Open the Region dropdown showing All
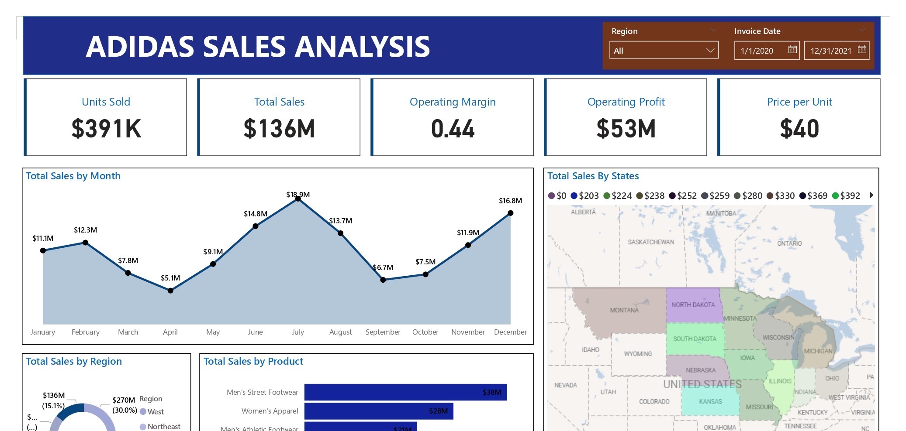pyautogui.click(x=664, y=51)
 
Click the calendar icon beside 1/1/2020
pyautogui.click(x=792, y=50)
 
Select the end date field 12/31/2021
pyautogui.click(x=830, y=51)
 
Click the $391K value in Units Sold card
pyautogui.click(x=106, y=129)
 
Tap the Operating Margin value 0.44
pyautogui.click(x=453, y=129)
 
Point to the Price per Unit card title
pyautogui.click(x=799, y=102)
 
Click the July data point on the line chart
pyautogui.click(x=298, y=198)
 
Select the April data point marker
pyautogui.click(x=170, y=291)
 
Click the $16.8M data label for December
pyautogui.click(x=510, y=201)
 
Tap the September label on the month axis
pyautogui.click(x=383, y=332)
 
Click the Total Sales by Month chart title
pyautogui.click(x=73, y=176)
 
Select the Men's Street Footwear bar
pyautogui.click(x=405, y=392)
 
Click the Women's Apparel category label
pyautogui.click(x=270, y=411)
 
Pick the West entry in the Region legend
pyautogui.click(x=155, y=412)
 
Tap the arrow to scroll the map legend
pyautogui.click(x=871, y=195)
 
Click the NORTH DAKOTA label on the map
pyautogui.click(x=693, y=305)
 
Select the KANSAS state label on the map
pyautogui.click(x=710, y=401)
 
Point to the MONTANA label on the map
pyautogui.click(x=624, y=310)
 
